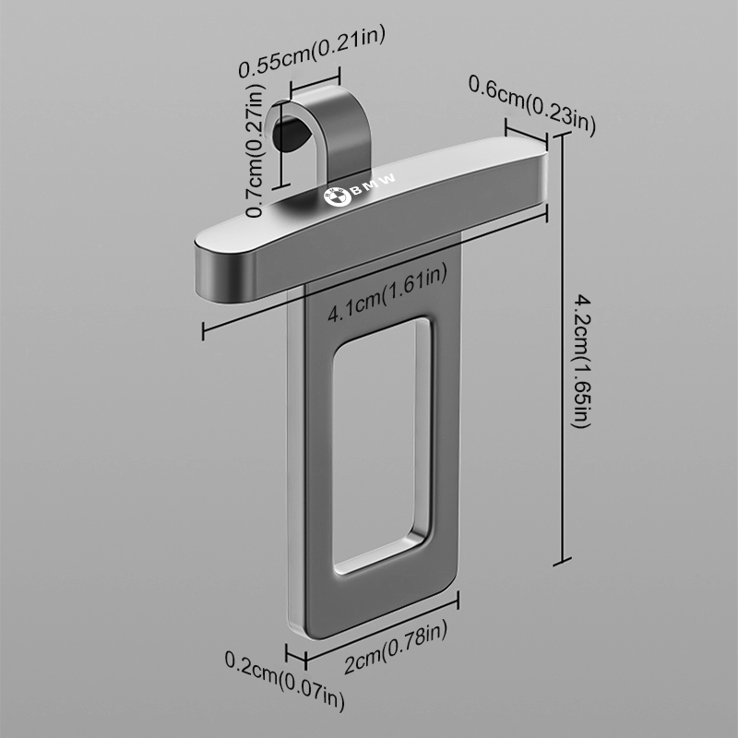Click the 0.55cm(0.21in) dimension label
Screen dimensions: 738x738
click(x=312, y=51)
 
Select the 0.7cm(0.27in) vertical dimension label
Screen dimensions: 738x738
click(x=256, y=150)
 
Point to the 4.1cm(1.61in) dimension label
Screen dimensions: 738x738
click(x=387, y=294)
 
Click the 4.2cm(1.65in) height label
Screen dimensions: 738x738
click(x=581, y=362)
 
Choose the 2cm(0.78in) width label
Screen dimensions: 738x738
click(x=396, y=647)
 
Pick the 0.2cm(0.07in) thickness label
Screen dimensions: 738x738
click(x=285, y=680)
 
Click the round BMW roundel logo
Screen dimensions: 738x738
click(x=338, y=196)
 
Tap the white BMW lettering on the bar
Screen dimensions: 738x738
click(x=374, y=185)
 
